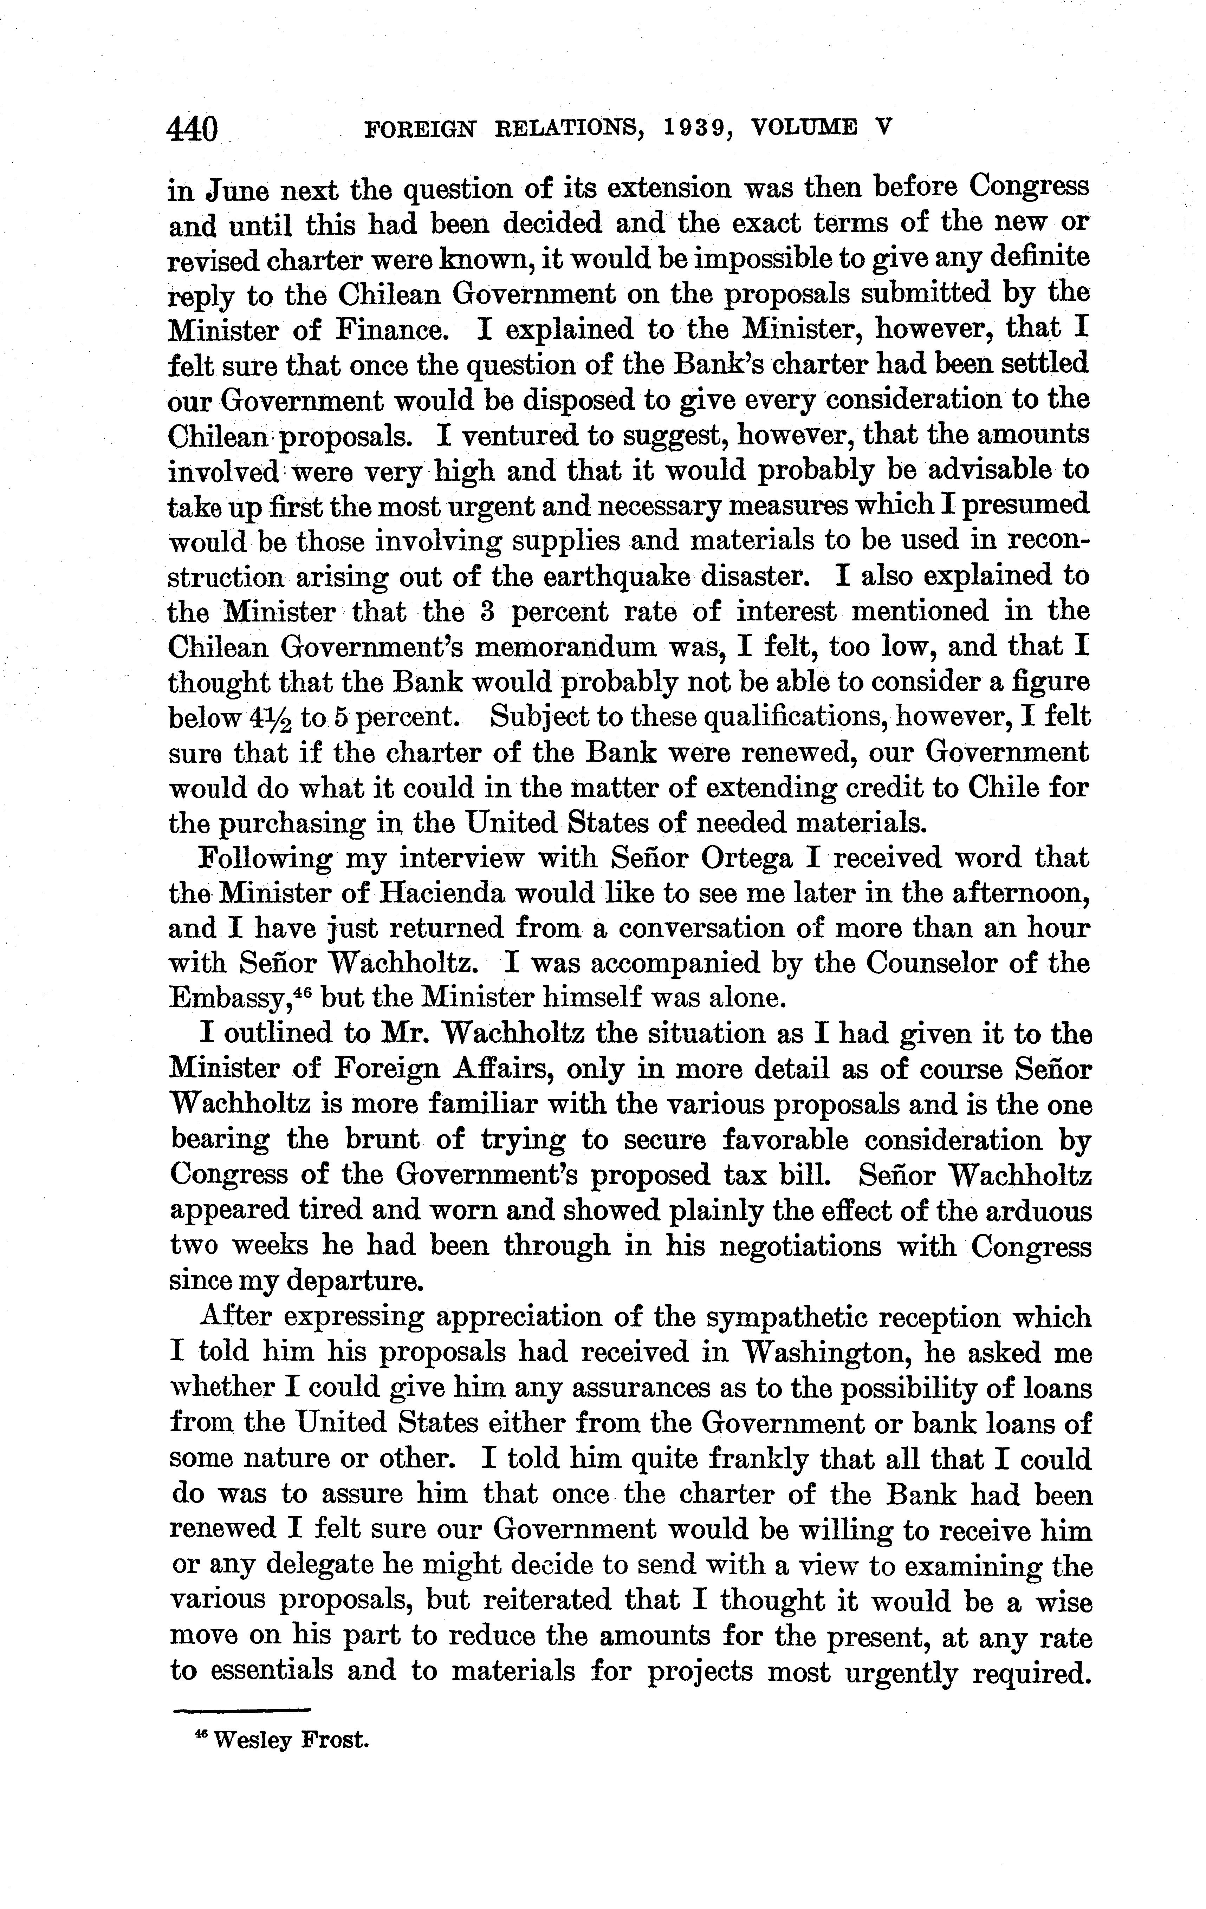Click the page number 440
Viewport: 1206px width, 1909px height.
193,129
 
